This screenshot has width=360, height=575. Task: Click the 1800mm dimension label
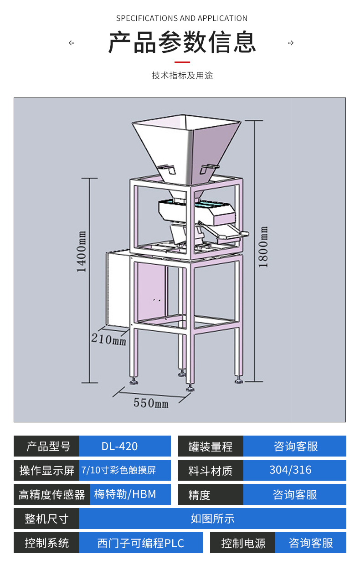coord(264,246)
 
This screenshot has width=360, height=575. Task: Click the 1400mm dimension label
coord(82,252)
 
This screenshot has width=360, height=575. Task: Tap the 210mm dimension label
coord(109,339)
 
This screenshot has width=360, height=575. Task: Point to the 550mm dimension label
coord(151,403)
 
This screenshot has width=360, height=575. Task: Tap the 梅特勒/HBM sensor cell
coord(125,494)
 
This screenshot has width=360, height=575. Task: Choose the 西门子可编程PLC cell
coord(141,543)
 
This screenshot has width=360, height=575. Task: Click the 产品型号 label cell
coord(46,446)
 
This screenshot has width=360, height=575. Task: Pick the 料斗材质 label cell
coord(211,470)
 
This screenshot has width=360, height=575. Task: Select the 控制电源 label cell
coord(243,543)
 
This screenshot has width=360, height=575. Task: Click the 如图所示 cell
coord(212,519)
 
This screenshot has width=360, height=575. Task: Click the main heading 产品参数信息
coord(182,43)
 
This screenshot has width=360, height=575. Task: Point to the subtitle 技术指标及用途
coord(182,75)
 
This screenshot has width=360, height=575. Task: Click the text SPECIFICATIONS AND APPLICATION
coord(182,18)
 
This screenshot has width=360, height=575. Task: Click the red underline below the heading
coord(182,62)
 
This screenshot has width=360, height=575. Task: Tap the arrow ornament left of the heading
coord(72,43)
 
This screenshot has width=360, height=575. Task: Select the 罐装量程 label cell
coord(211,446)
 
